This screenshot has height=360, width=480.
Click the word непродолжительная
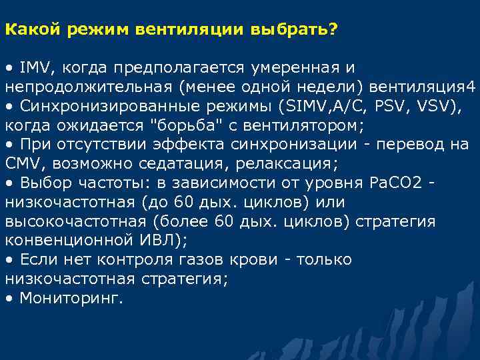point(85,87)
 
